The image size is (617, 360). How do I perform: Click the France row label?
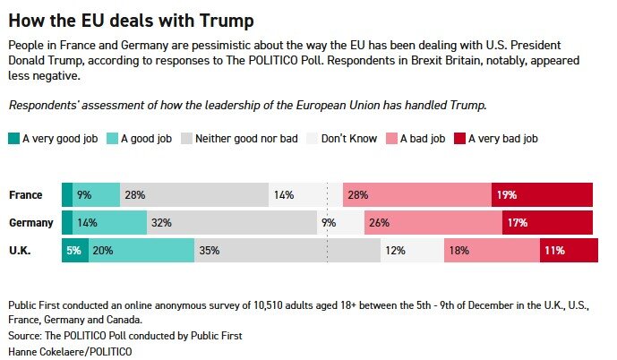click(x=24, y=195)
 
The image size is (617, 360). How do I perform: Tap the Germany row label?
click(x=31, y=223)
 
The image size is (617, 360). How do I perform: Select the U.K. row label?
click(x=21, y=251)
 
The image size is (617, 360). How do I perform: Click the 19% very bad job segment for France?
click(x=542, y=195)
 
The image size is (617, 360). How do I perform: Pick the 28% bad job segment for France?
click(x=429, y=195)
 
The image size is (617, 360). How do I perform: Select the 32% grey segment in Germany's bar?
click(x=232, y=223)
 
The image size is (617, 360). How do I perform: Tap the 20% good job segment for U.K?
click(x=141, y=251)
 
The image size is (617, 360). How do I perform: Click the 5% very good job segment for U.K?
click(x=74, y=251)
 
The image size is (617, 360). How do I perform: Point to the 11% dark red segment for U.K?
click(x=569, y=251)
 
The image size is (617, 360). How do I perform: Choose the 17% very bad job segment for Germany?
click(x=547, y=223)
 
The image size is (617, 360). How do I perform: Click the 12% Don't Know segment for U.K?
click(x=413, y=251)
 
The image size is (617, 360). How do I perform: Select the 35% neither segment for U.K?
click(x=287, y=251)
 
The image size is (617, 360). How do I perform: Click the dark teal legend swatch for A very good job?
click(x=13, y=139)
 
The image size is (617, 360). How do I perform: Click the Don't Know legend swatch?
click(x=313, y=139)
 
